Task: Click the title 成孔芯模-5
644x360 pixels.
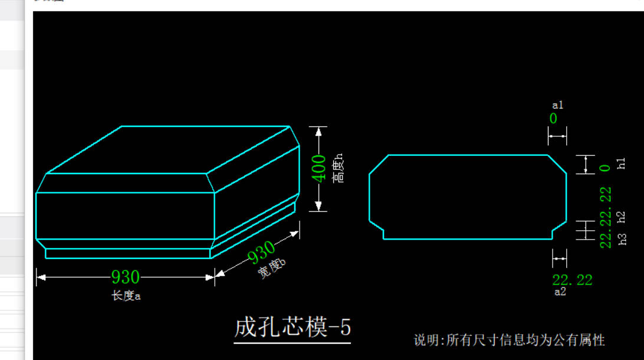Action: pos(293,328)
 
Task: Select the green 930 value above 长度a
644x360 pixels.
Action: pos(126,277)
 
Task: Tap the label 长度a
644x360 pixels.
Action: pos(126,296)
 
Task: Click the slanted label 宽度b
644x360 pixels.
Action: pos(271,269)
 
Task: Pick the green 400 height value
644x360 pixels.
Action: pos(318,169)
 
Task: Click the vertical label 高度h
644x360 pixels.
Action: pos(337,168)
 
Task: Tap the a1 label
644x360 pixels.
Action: pos(558,105)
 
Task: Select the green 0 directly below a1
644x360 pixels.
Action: pos(553,119)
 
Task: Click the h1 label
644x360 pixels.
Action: pos(621,163)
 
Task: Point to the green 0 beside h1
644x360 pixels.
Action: pos(605,168)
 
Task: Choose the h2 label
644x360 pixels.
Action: pos(621,217)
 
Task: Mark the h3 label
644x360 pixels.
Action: pos(623,239)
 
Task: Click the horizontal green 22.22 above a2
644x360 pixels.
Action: pos(572,280)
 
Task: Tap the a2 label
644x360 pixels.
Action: pos(560,292)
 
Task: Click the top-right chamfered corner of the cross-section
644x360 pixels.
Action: pos(557,165)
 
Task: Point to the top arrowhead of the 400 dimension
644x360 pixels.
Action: pos(318,132)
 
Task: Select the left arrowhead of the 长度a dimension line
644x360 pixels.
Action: pos(41,277)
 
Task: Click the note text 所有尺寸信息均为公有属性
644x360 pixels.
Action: pos(525,341)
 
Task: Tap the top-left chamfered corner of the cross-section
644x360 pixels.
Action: pos(379,165)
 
